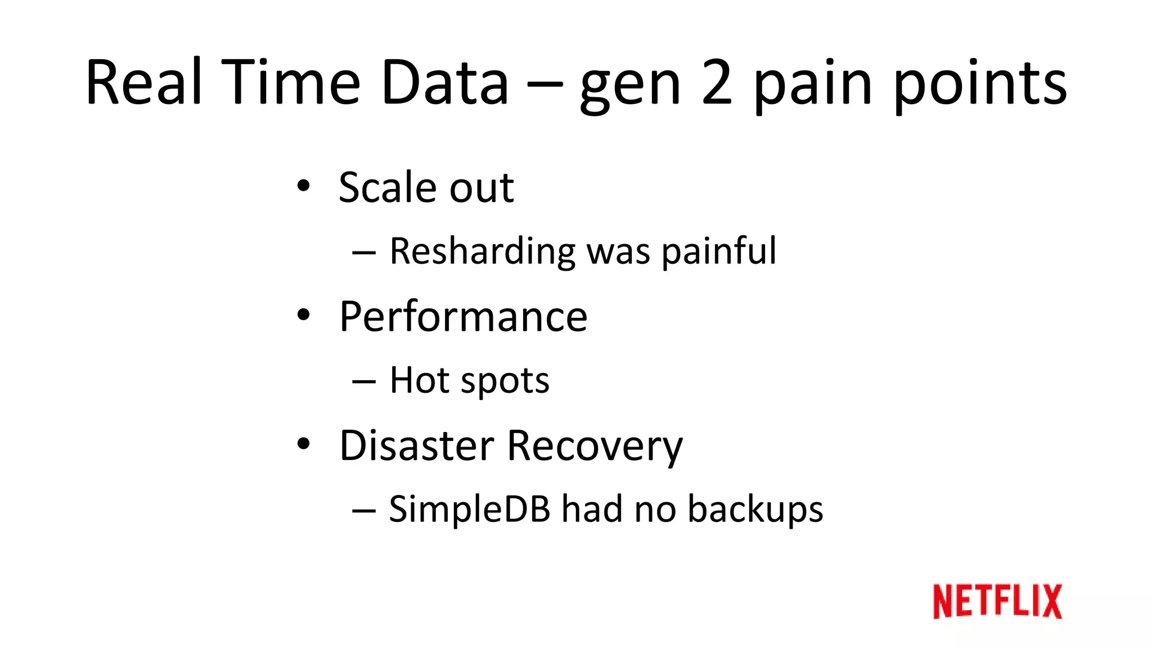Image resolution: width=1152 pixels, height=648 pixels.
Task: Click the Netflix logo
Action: tap(997, 601)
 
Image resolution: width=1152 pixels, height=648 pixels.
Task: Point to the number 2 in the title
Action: tap(717, 83)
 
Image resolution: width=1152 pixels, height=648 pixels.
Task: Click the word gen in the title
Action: tap(630, 87)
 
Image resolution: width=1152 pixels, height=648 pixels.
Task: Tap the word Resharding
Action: tap(482, 251)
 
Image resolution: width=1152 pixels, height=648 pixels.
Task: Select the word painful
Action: tap(719, 251)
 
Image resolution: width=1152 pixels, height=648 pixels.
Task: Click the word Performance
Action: tap(463, 317)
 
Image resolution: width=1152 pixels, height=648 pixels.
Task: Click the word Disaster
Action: tap(416, 445)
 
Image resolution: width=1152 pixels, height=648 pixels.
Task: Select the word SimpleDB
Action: tap(469, 509)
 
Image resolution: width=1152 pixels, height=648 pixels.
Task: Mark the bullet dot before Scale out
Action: tap(304, 186)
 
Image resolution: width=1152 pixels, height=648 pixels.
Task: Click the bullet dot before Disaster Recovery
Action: tap(304, 444)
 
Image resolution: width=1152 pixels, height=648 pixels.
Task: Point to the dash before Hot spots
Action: tap(363, 382)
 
